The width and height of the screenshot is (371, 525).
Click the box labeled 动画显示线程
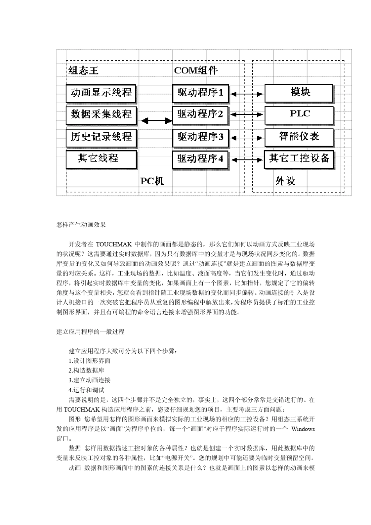tap(101, 93)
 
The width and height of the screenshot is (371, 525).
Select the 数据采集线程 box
tap(101, 115)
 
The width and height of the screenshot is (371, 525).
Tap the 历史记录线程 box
tap(101, 137)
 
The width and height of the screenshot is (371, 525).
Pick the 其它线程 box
tap(101, 159)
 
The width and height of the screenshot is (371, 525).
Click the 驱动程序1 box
tap(200, 93)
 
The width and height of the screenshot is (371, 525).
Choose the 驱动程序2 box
tap(200, 115)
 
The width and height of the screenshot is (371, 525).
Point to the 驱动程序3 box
tap(200, 137)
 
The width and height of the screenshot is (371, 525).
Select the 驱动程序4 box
tap(200, 159)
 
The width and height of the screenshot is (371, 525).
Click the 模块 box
tap(299, 93)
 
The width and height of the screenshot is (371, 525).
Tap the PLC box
tap(299, 114)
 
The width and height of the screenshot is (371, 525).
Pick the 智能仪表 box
tap(299, 137)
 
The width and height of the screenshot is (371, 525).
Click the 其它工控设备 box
tap(299, 159)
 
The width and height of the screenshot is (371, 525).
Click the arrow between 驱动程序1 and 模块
tap(246, 94)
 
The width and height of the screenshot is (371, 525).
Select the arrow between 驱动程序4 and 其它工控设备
tap(246, 160)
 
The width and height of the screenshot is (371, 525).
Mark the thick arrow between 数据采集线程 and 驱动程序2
tap(156, 121)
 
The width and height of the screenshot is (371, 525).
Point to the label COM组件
tap(196, 71)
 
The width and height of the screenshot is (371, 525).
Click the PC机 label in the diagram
tap(152, 181)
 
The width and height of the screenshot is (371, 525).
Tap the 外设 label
tap(285, 181)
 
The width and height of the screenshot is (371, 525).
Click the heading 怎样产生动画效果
tap(81, 224)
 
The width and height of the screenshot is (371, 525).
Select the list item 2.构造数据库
tap(86, 370)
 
